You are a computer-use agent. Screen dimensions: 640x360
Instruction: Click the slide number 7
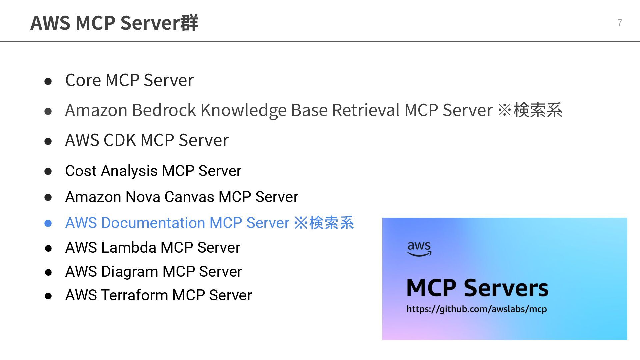[620, 22]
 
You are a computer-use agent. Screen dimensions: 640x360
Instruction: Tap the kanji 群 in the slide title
[189, 23]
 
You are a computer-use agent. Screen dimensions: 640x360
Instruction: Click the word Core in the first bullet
[83, 80]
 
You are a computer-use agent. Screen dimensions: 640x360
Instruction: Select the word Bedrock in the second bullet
[164, 110]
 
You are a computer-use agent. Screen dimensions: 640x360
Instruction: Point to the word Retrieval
[366, 110]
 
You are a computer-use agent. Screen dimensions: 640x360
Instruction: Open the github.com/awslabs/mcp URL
[476, 309]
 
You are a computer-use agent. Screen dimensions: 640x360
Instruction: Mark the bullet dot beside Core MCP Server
[48, 81]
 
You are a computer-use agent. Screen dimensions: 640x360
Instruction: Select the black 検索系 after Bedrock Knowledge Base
[537, 110]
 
